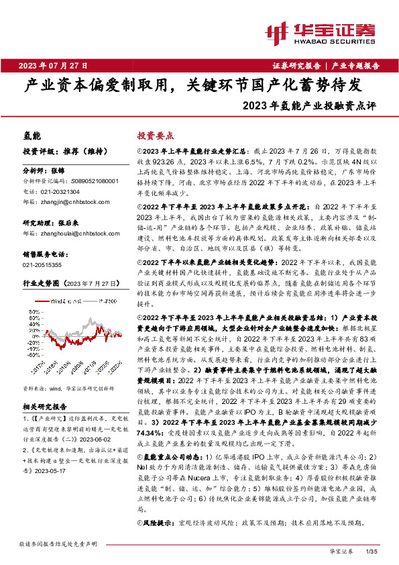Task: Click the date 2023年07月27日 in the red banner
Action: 53,65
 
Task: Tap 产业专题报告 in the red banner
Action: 356,66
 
